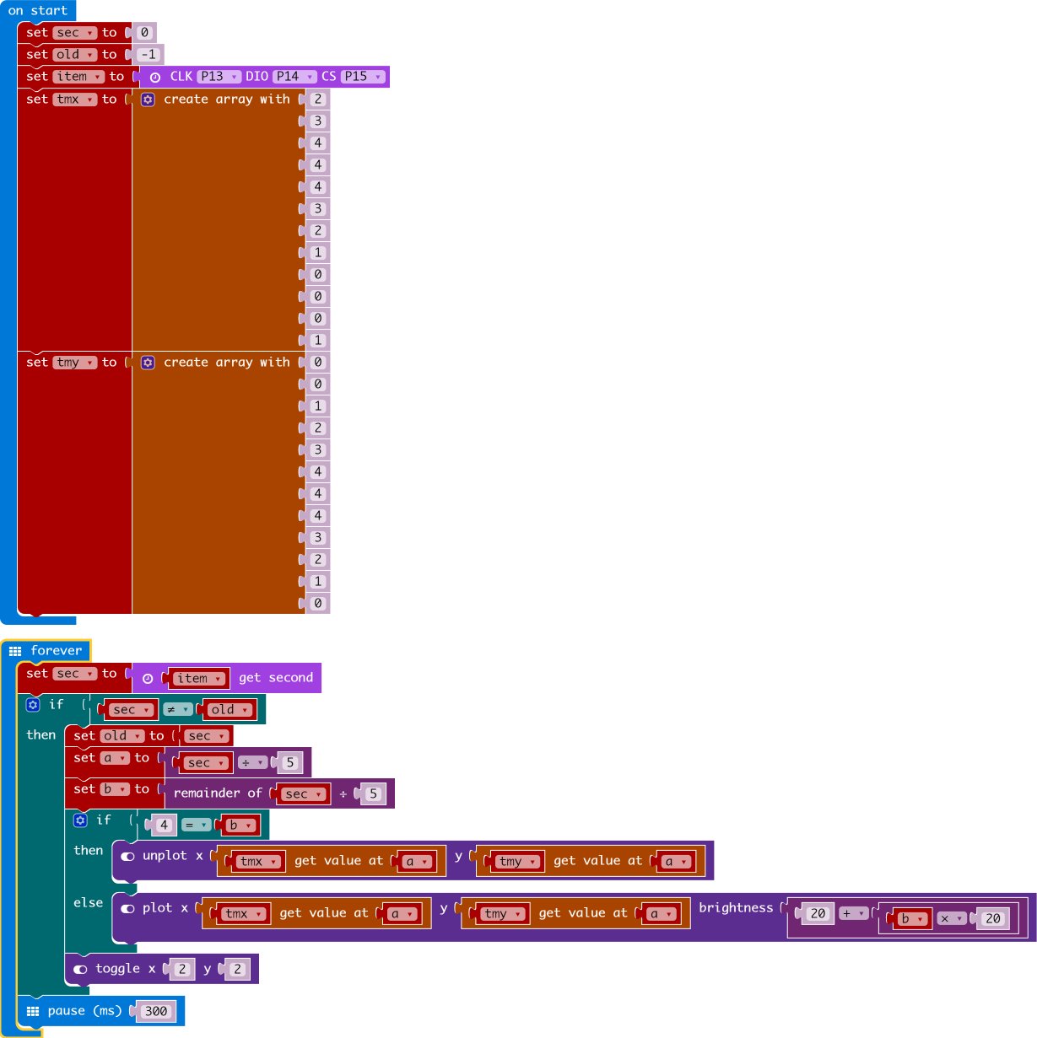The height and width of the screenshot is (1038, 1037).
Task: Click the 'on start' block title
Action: tap(37, 11)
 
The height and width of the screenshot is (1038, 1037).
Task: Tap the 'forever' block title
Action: tap(56, 650)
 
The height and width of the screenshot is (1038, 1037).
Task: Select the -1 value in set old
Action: tap(149, 55)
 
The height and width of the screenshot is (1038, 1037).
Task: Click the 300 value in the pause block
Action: tap(156, 1011)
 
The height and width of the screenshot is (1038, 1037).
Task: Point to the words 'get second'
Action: tap(275, 678)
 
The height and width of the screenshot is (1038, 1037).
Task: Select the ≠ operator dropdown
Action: tap(177, 710)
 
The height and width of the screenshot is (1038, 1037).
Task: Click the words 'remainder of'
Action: tap(218, 793)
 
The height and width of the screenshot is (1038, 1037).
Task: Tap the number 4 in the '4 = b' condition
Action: tap(164, 826)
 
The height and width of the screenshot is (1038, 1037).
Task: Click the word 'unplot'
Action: tap(165, 856)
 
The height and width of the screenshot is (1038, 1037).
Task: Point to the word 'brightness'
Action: tap(735, 908)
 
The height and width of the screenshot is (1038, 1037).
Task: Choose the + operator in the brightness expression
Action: tap(853, 913)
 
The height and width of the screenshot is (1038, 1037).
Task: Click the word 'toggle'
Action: tap(117, 969)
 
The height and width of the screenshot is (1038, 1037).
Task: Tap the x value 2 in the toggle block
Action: tap(181, 970)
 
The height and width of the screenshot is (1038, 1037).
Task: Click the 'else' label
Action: tap(88, 903)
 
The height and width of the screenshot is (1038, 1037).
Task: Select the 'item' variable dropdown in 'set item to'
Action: tap(78, 77)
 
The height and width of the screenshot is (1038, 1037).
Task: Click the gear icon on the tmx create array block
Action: tap(148, 99)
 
